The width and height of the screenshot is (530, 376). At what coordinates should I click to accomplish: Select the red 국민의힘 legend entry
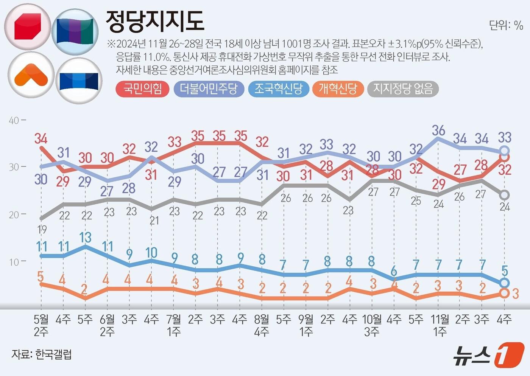tap(142, 89)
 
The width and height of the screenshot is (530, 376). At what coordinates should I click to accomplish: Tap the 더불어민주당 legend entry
tap(209, 89)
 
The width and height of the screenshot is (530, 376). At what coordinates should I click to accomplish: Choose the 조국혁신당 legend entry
tap(278, 89)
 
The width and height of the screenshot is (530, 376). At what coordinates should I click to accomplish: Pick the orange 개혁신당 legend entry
tap(338, 89)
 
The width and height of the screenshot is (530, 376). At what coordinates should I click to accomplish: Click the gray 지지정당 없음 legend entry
tap(403, 89)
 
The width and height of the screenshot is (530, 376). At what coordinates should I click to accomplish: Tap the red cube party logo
tap(27, 27)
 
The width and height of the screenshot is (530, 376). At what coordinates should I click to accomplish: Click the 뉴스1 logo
tap(488, 355)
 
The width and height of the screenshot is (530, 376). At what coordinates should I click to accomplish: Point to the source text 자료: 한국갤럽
tap(42, 354)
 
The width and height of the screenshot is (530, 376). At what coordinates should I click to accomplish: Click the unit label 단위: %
tap(506, 25)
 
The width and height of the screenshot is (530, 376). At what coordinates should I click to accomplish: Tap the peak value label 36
tap(438, 131)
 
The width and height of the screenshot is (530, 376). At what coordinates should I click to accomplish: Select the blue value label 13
tap(85, 238)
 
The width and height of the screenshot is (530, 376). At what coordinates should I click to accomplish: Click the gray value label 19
tap(42, 229)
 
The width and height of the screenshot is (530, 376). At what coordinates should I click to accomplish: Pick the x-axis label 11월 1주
tap(440, 325)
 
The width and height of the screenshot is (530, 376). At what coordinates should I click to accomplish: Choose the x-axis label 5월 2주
tap(41, 325)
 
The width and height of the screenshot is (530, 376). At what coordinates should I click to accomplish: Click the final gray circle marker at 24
tap(504, 195)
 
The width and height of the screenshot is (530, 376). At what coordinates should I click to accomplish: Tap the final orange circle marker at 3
tap(504, 293)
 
